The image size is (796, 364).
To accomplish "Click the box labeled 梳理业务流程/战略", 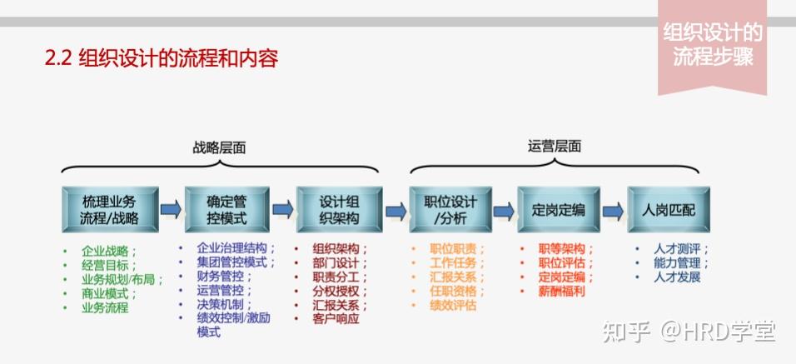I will pos(110,210).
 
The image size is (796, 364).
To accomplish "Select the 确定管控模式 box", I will pos(226,210).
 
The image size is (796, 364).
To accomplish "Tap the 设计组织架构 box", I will pos(339,210).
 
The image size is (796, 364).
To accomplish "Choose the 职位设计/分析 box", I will pos(450,210).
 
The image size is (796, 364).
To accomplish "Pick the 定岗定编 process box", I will pos(559,210).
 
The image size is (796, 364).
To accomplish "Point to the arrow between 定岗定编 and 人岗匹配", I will pos(613,209).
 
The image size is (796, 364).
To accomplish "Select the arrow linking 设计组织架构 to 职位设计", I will pos(396,210).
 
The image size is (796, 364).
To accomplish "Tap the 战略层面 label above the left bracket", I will pos(219,147).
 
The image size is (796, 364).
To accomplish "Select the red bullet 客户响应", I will pos(336,318).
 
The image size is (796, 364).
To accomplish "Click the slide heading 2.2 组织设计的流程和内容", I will pos(161,58).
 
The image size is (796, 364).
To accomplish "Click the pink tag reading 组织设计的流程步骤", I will pos(712,45).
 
